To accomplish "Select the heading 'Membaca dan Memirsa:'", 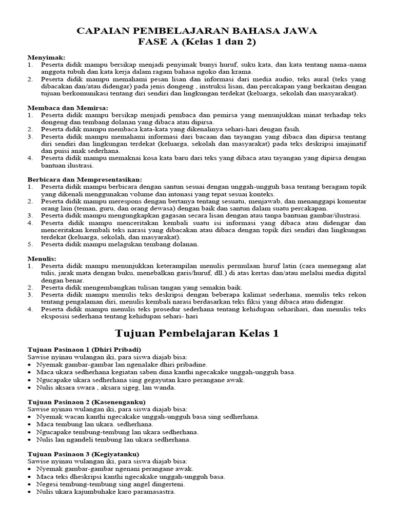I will pos(67,108).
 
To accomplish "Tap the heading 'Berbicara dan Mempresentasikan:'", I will pos(85,179).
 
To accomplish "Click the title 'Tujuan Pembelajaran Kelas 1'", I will pos(197,334).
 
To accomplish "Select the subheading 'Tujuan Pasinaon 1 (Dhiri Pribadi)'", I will pos(84,349).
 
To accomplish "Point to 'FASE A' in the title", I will pos(154,43).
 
